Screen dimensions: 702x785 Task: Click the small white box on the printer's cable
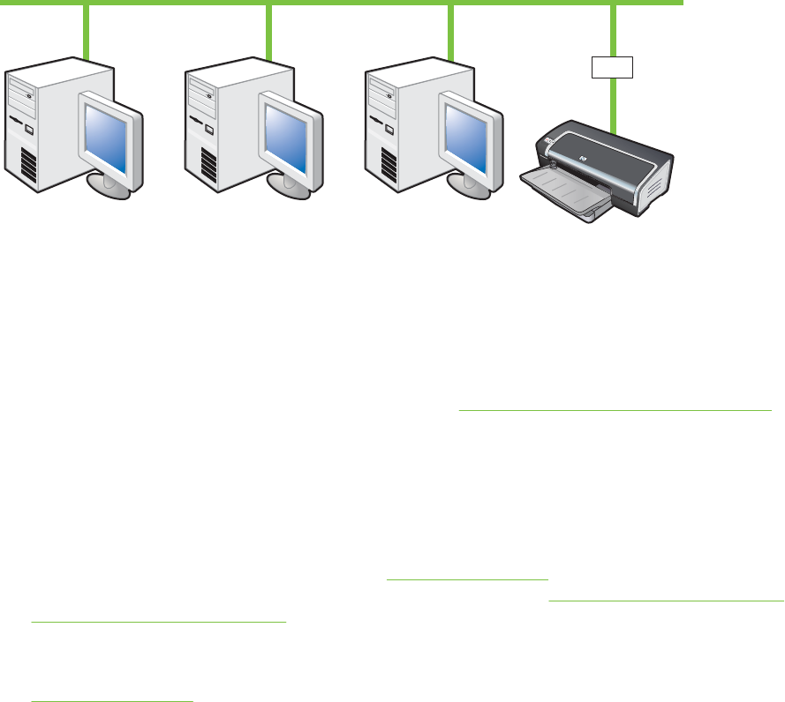pyautogui.click(x=613, y=67)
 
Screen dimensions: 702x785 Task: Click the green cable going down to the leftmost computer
pyautogui.click(x=86, y=31)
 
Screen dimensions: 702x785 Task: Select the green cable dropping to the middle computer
pyautogui.click(x=268, y=31)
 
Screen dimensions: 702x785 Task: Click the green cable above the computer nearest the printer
pyautogui.click(x=450, y=31)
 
